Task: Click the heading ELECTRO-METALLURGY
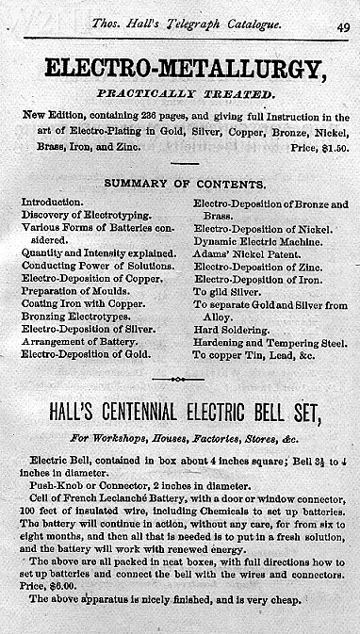pyautogui.click(x=180, y=70)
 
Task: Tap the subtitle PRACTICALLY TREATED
pyautogui.click(x=180, y=95)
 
